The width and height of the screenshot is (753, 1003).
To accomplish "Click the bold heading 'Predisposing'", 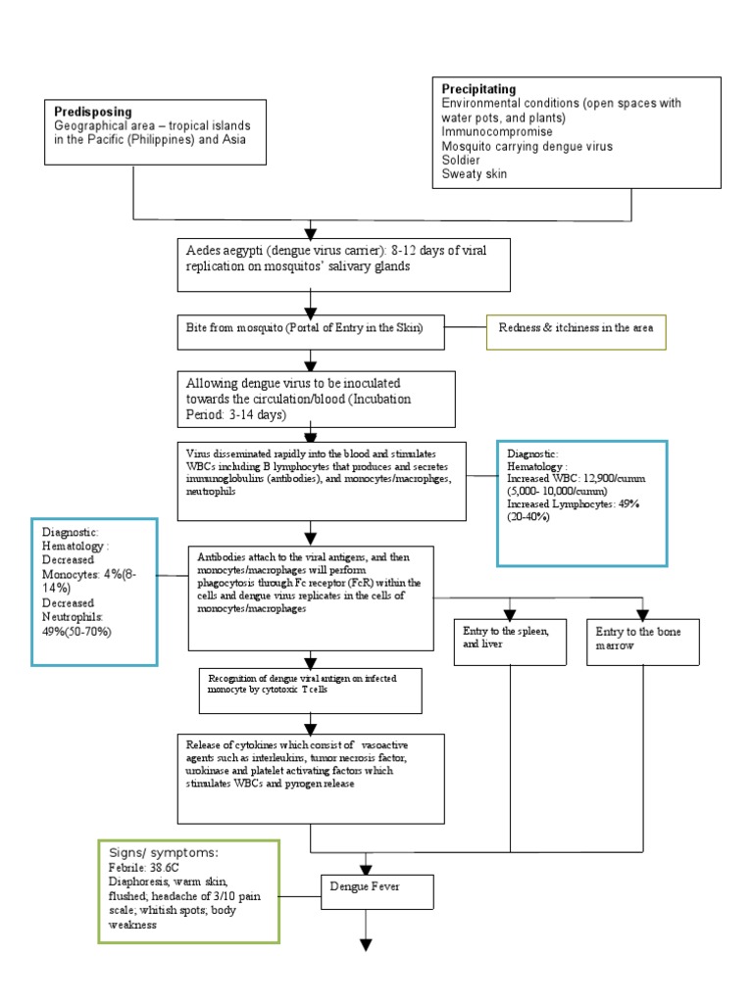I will coord(93,112).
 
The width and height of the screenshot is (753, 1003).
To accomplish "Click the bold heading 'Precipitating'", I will coord(478,89).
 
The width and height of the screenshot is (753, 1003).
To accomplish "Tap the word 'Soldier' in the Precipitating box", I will coord(461,160).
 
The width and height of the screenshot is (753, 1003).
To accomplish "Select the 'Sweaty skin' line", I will coord(475,174).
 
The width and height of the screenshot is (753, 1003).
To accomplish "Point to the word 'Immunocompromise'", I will coord(496,131).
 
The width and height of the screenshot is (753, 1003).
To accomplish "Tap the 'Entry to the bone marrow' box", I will coord(642,639).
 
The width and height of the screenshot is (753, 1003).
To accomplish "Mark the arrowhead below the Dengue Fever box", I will coord(367,944).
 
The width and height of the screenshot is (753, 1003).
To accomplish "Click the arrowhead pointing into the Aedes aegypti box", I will coord(311,232).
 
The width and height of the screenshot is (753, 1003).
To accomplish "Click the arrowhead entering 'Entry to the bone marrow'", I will coord(642,615).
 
